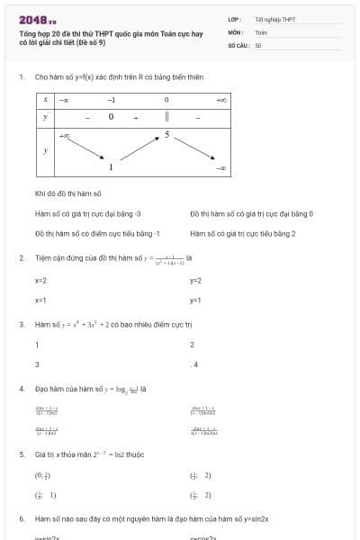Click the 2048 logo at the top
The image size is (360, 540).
click(37, 20)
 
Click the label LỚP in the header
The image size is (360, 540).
click(234, 19)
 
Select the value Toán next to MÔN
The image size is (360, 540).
click(261, 31)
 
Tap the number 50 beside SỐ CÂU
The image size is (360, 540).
click(257, 43)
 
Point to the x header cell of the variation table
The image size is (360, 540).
click(46, 99)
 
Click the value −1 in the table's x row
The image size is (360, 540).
click(111, 99)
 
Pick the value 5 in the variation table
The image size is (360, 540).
click(166, 135)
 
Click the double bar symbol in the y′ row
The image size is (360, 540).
click(166, 116)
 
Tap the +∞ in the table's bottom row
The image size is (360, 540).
click(66, 135)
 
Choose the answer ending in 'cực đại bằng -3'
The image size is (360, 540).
click(88, 214)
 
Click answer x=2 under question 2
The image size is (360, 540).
click(40, 281)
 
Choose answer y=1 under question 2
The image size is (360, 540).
click(195, 299)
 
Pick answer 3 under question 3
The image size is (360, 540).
click(37, 364)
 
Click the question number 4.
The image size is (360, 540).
click(22, 389)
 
